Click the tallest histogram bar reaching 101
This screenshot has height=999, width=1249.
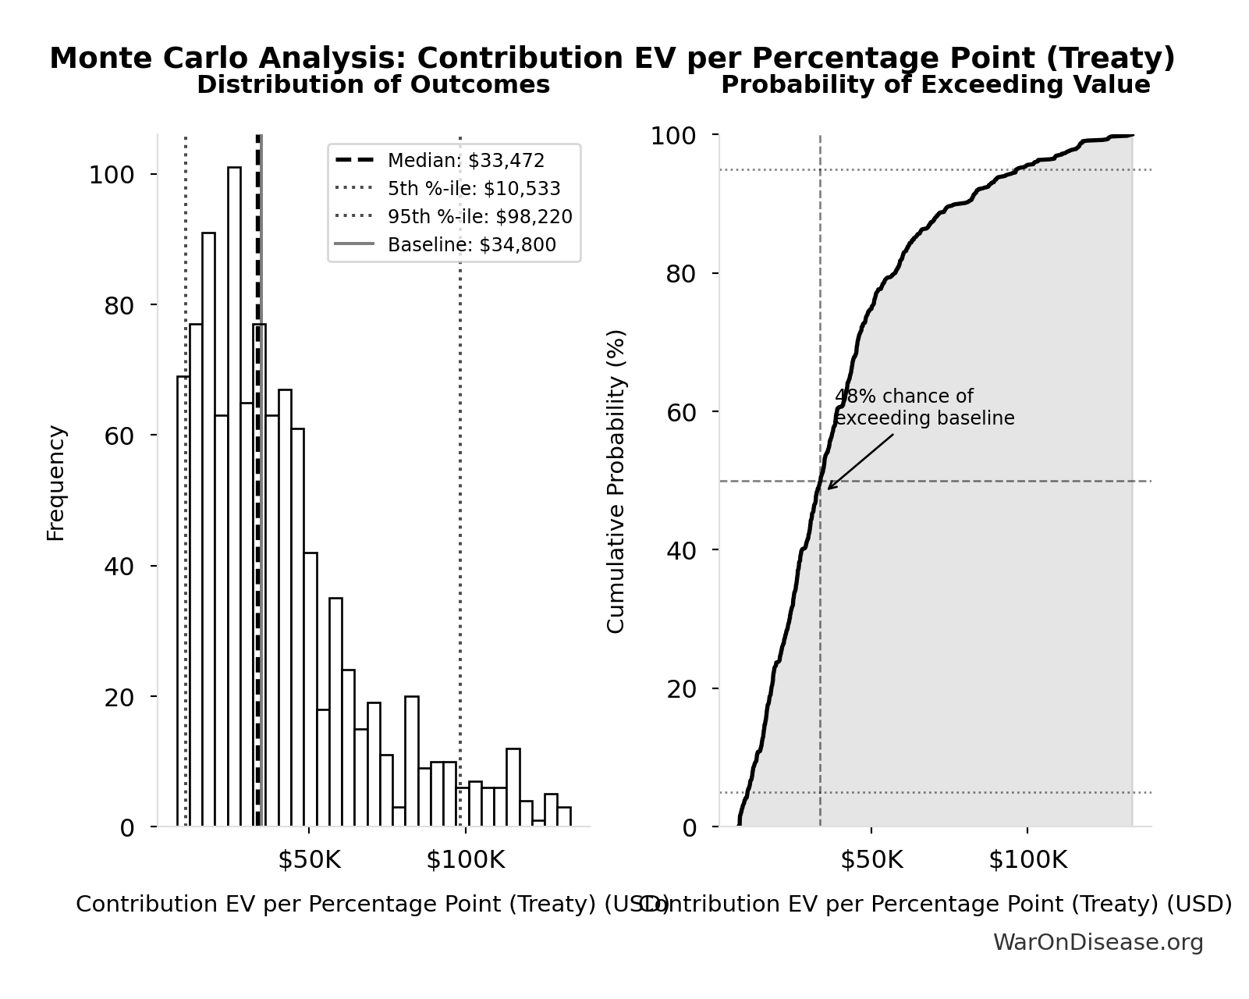tap(234, 499)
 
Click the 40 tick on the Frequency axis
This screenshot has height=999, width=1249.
tap(119, 567)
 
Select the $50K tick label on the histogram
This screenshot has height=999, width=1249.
tap(310, 860)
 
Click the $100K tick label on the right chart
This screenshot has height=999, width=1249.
tap(1027, 860)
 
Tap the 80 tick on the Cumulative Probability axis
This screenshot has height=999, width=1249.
tap(681, 275)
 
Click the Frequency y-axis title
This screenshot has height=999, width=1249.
tap(56, 482)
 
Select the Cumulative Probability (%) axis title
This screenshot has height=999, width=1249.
tap(616, 481)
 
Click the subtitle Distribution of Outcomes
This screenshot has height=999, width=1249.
tap(373, 84)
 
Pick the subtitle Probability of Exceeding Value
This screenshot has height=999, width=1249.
tap(935, 84)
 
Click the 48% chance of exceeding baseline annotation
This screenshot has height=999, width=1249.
tap(924, 407)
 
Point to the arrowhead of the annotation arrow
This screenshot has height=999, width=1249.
tap(829, 489)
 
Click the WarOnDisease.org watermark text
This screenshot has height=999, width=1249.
tap(1098, 942)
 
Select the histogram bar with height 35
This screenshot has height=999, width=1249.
tap(335, 712)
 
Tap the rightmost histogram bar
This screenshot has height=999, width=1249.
tap(564, 816)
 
